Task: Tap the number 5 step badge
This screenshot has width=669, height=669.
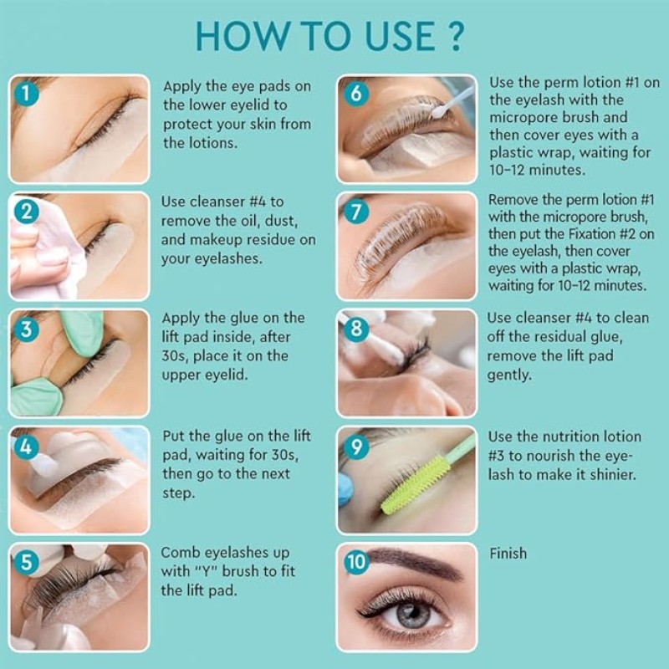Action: [28, 562]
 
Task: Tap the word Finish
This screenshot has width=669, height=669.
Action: [508, 554]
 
